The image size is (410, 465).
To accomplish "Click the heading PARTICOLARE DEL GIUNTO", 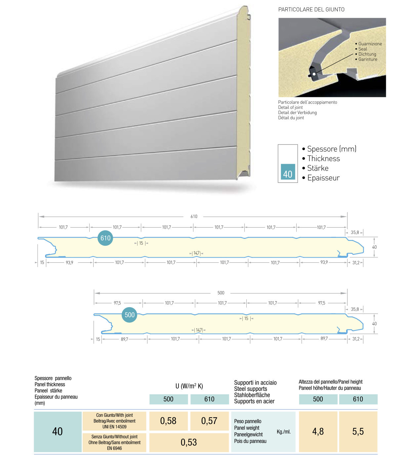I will click(311, 10).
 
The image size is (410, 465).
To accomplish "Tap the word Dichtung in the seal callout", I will click(367, 54).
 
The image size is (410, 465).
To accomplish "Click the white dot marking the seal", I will click(314, 74).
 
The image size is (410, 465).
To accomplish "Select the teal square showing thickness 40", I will click(288, 172).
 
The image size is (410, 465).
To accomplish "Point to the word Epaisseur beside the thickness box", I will click(323, 178).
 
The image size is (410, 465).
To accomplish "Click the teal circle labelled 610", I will click(105, 238).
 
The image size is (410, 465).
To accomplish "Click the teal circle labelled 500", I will click(130, 315).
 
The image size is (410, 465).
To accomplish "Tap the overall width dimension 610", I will click(194, 217).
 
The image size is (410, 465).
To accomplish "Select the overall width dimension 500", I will click(221, 293).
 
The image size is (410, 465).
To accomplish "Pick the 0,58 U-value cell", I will click(168, 421).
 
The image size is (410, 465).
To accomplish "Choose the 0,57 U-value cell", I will click(209, 421).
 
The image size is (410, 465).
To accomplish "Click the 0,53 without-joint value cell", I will click(189, 443).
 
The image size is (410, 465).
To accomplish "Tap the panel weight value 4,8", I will click(318, 432).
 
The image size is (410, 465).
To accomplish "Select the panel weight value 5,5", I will click(358, 432).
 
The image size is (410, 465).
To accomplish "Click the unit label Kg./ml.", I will click(284, 432).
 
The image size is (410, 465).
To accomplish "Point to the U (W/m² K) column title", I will click(189, 386).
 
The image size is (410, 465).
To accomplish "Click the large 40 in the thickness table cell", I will click(58, 432).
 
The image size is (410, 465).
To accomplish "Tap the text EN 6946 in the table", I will click(114, 448).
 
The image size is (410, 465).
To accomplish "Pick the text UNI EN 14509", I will click(114, 427).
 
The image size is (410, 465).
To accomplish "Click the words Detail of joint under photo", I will click(290, 107).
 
